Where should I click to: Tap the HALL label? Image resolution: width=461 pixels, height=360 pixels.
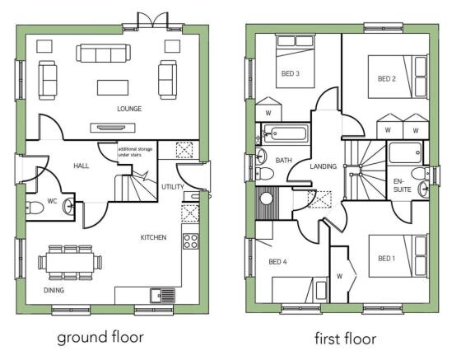[x=81, y=166]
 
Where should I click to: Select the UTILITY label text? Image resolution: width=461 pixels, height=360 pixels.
[x=173, y=187]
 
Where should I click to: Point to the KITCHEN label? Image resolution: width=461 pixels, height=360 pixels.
[x=153, y=237]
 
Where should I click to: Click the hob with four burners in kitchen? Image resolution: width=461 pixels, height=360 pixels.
[x=190, y=241]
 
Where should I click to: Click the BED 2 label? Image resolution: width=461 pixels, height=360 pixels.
[x=387, y=79]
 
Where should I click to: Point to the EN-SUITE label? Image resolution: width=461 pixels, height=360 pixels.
[x=401, y=185]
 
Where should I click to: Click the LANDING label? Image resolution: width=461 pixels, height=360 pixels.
[x=323, y=166]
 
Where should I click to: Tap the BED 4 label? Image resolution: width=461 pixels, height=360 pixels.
[x=278, y=264]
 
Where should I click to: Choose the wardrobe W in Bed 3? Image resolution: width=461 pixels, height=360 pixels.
[x=268, y=112]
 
